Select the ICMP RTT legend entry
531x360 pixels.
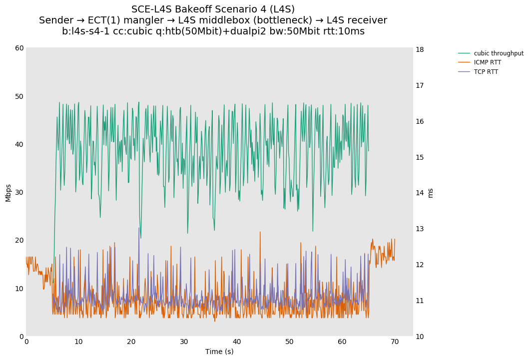tap(487, 62)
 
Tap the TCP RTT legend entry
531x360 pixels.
tap(486, 72)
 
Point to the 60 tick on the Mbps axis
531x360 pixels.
tap(19, 48)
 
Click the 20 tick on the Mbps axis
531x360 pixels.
tap(19, 240)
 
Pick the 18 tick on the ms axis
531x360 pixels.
tap(420, 49)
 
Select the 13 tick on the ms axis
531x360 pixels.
tap(420, 229)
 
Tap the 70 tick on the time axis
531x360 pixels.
tap(395, 342)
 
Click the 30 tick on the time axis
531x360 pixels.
tap(184, 342)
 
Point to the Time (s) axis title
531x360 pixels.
tap(219, 352)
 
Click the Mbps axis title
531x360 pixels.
tap(8, 192)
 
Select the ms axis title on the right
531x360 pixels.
tap(431, 193)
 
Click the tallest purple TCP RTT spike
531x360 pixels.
tap(139, 228)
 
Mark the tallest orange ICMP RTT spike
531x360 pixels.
tap(260, 232)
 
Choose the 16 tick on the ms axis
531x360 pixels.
tap(420, 121)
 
